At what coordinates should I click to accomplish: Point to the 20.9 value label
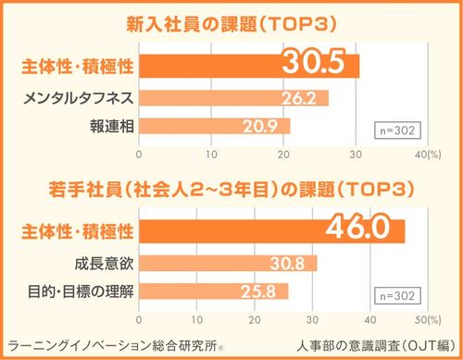[x=268, y=126]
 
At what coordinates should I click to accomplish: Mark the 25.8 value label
[x=265, y=292]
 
